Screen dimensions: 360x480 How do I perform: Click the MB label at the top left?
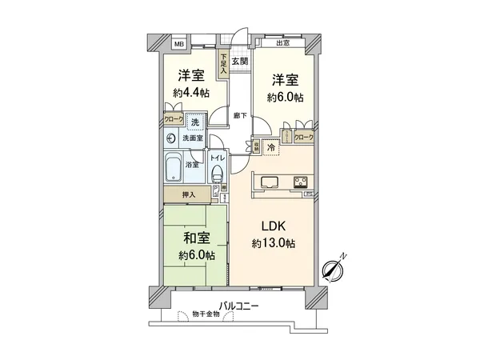coord(180,45)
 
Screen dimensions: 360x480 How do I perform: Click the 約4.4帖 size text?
coord(192,93)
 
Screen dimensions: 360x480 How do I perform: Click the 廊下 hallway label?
coord(239,114)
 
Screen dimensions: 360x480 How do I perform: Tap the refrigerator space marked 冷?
coord(271,147)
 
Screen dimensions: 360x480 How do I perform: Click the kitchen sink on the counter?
coord(267,181)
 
